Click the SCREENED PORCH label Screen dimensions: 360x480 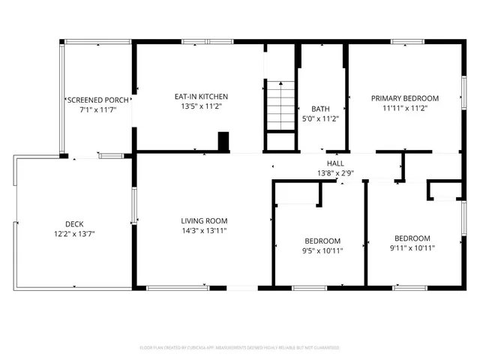tap(97, 99)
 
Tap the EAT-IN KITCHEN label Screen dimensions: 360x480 tap(201, 97)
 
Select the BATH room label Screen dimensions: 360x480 tap(320, 109)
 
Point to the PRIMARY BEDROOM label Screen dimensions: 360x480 tap(405, 97)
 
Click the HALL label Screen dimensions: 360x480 tap(335, 163)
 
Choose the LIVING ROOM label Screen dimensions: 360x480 tap(204, 220)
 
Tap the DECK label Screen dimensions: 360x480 tap(73, 223)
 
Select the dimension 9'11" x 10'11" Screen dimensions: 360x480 tap(412, 247)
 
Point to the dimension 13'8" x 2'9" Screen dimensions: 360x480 tap(335, 173)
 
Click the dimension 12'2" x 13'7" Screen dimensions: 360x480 tap(73, 234)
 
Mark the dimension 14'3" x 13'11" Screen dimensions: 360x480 tap(204, 231)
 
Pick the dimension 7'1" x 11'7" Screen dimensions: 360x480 tap(97, 109)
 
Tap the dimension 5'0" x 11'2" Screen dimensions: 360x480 tap(320, 118)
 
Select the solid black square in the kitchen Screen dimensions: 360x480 tap(223, 141)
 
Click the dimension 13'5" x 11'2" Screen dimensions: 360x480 tap(201, 107)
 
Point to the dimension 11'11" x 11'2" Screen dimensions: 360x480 tap(405, 108)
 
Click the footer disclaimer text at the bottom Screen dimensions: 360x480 tap(240, 348)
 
